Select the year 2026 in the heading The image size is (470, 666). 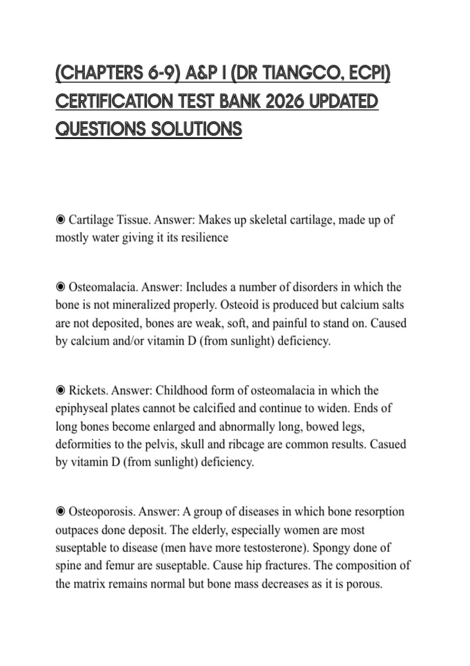click(284, 101)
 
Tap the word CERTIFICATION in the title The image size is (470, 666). click(114, 101)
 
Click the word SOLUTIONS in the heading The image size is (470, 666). click(196, 129)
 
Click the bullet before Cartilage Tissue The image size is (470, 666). click(60, 220)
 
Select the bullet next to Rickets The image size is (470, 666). click(60, 390)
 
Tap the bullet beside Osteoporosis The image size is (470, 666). click(60, 512)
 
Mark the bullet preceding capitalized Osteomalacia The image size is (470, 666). click(60, 287)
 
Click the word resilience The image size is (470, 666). click(204, 237)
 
